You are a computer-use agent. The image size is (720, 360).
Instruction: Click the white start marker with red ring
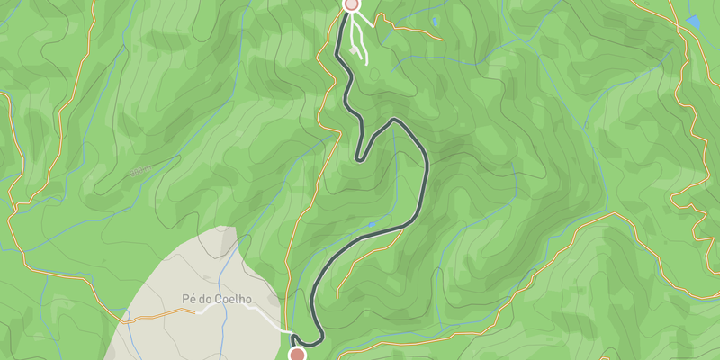(351, 4)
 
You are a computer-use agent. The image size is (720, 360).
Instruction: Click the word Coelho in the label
(231, 299)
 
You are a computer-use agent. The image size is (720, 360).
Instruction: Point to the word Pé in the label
(189, 299)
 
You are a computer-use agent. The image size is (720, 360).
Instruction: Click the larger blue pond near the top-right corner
(693, 22)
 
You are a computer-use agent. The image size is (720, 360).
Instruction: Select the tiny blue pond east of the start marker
(436, 20)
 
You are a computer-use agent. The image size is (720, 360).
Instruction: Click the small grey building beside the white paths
(353, 51)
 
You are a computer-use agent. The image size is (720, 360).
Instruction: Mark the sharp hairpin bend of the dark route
(359, 159)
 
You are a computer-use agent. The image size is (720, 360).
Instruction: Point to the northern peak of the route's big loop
(393, 120)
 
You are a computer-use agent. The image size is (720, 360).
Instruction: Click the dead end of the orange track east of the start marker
(442, 40)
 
